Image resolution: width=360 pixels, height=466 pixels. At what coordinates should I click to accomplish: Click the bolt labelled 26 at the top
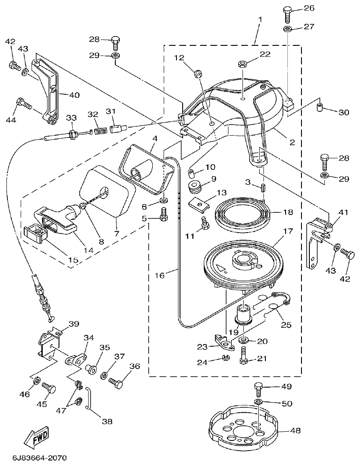(287, 13)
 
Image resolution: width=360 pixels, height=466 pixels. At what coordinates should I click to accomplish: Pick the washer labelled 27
(287, 29)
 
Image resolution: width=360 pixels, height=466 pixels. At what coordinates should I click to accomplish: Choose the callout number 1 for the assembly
(260, 20)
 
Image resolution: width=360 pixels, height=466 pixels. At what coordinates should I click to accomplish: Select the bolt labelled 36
(117, 383)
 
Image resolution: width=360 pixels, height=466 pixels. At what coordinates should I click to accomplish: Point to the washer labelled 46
(37, 380)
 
